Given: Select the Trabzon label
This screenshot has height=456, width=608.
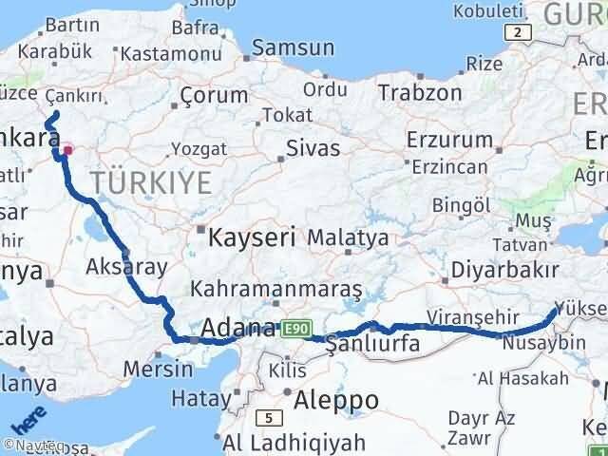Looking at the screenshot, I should [x=420, y=93].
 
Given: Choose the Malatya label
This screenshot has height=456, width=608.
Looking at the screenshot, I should [x=348, y=237].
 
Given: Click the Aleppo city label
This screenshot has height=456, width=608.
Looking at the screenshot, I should [x=336, y=398].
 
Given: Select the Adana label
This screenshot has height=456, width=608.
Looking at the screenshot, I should [x=234, y=330].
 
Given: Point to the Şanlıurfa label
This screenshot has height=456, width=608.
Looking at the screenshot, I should [x=372, y=344].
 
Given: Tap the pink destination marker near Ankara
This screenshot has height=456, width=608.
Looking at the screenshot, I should [x=68, y=150].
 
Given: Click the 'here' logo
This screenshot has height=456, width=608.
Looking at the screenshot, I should [x=28, y=419].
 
